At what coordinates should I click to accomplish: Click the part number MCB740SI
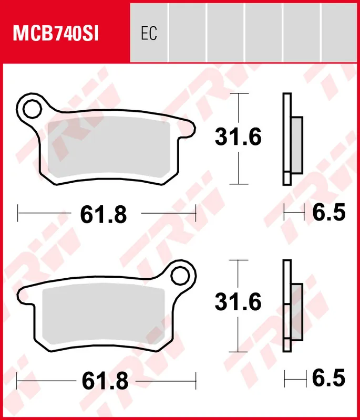(x=56, y=34)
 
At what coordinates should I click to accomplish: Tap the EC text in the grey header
(x=149, y=33)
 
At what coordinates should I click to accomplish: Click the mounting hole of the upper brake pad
(x=32, y=109)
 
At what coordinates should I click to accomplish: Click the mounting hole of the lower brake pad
(x=180, y=276)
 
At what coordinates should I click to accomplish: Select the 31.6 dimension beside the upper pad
(x=238, y=137)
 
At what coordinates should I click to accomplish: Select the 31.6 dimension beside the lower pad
(x=238, y=302)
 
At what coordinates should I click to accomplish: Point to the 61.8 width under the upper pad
(x=104, y=215)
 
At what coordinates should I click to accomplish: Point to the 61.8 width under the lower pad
(x=105, y=381)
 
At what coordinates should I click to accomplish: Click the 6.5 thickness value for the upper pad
(x=329, y=212)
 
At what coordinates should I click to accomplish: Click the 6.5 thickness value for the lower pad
(x=329, y=378)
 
